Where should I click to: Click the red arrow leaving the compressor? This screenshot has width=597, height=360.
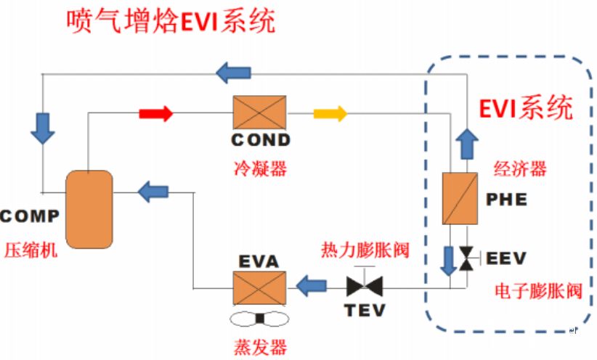tap(155, 113)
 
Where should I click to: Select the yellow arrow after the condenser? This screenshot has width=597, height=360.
tap(330, 113)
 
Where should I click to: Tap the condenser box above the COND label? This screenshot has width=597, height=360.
tap(260, 113)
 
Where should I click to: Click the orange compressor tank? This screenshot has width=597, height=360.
tap(89, 208)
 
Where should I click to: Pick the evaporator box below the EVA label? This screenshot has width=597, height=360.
tap(259, 287)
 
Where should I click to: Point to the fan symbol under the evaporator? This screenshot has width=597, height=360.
tap(259, 319)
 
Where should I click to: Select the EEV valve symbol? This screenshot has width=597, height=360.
tap(466, 256)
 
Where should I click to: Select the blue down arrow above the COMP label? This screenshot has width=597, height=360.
tap(42, 126)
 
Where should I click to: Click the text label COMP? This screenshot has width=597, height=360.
tap(29, 216)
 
